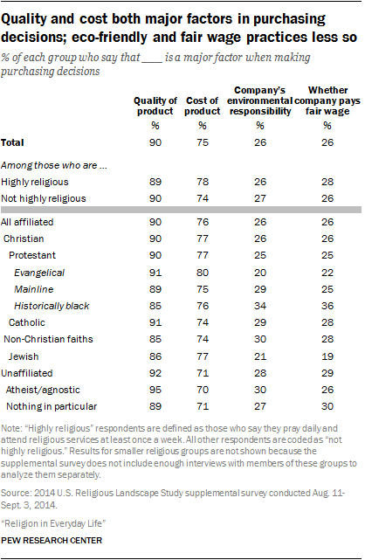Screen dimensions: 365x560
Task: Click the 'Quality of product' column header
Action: (x=155, y=106)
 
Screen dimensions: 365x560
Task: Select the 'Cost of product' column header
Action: (x=203, y=106)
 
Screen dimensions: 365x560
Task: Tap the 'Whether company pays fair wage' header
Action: (x=327, y=100)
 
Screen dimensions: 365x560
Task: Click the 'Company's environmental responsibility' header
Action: (x=259, y=100)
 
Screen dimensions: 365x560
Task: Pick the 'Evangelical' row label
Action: (x=39, y=273)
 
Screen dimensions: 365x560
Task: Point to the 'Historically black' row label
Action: (x=52, y=306)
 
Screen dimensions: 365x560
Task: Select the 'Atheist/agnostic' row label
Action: (x=43, y=390)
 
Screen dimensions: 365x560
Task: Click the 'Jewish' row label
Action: (x=24, y=356)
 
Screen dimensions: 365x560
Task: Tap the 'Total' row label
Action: (x=12, y=142)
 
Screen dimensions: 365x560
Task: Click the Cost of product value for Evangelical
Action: (x=203, y=273)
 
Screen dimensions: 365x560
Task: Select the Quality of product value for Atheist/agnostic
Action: (x=155, y=390)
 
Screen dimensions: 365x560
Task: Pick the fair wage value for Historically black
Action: (x=327, y=306)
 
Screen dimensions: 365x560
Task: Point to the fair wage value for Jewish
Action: (x=327, y=356)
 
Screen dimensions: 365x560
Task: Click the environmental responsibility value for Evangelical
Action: (x=260, y=273)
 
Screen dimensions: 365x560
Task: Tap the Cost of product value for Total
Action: (x=203, y=142)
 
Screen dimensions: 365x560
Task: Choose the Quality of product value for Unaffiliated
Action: (x=155, y=373)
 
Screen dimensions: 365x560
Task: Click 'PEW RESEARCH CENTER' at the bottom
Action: (x=52, y=541)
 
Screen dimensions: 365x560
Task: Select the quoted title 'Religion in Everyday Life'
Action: (x=53, y=523)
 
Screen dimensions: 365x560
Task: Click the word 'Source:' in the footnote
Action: (x=16, y=494)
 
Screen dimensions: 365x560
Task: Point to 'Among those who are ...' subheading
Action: (x=54, y=165)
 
